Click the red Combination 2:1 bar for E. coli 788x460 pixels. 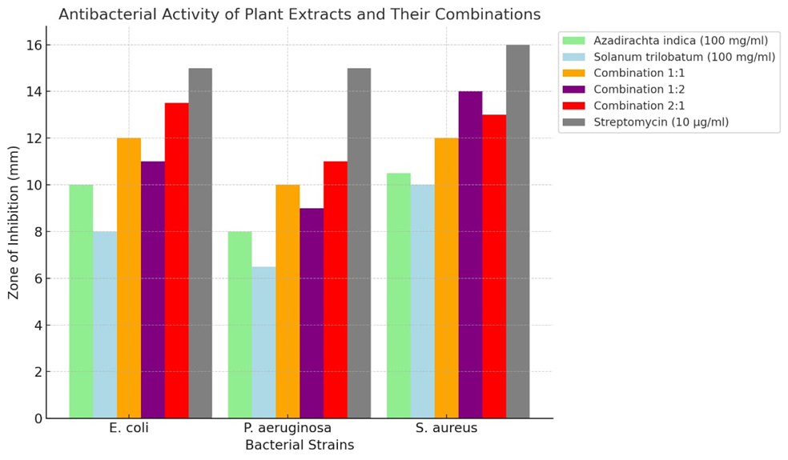[x=176, y=260]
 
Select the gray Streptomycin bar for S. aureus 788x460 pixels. [x=517, y=232]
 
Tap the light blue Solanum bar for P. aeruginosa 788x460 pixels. [x=263, y=342]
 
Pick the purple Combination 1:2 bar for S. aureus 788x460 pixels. [x=470, y=254]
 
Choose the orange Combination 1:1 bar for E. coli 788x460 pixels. [x=129, y=278]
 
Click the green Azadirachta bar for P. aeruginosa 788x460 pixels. [x=239, y=325]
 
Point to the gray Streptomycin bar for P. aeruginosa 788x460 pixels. [x=359, y=243]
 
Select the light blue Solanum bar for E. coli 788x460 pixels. [x=105, y=325]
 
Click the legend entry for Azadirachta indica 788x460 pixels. [x=680, y=41]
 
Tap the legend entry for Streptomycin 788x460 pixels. [x=661, y=122]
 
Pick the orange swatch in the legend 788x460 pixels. [x=574, y=74]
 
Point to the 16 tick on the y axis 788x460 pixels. [x=32, y=45]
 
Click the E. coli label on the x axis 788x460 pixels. [x=129, y=428]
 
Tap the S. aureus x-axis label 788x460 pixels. [x=446, y=428]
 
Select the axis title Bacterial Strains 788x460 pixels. [x=299, y=445]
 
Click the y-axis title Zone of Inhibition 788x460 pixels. [x=14, y=222]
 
